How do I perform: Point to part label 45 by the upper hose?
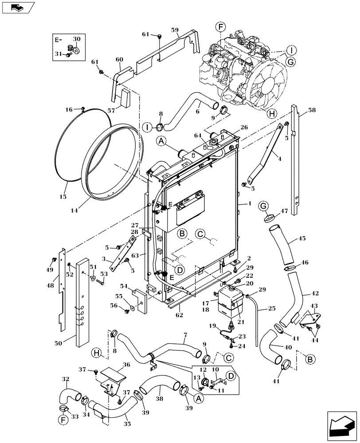[302, 238]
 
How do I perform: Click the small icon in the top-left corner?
[16, 7]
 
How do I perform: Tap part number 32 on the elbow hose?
[65, 379]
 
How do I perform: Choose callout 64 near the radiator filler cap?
[197, 135]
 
